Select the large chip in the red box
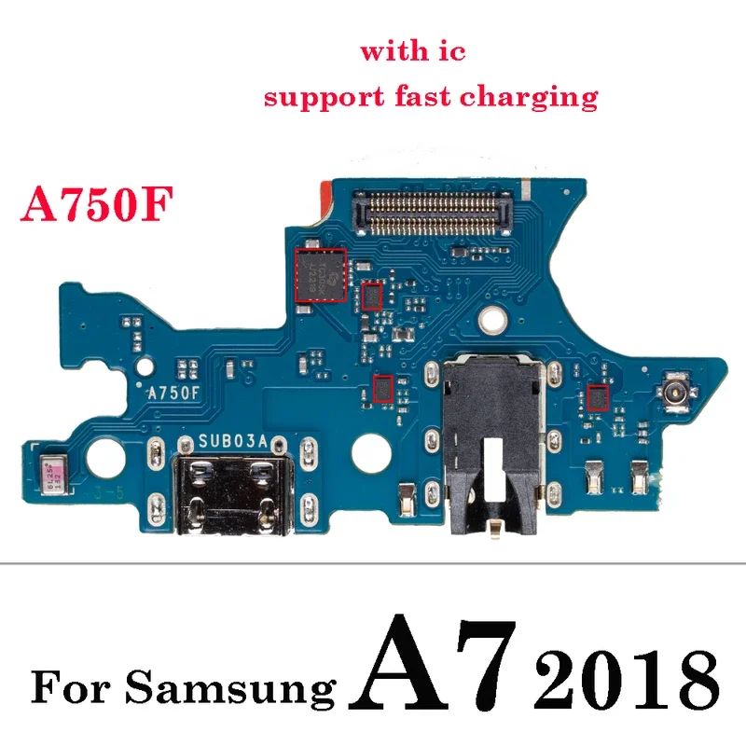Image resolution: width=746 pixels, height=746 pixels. click(320, 274)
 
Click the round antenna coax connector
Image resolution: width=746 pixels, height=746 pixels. click(674, 391)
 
